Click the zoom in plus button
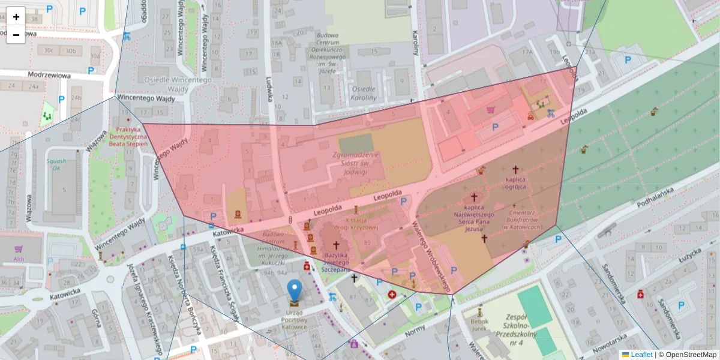16,17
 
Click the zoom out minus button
16,35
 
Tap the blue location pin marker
295,290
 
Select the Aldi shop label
19,259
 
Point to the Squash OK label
57,164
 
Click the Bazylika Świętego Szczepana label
335,263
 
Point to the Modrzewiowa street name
49,76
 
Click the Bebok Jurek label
479,325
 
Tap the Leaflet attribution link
641,355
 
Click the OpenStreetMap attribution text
690,355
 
